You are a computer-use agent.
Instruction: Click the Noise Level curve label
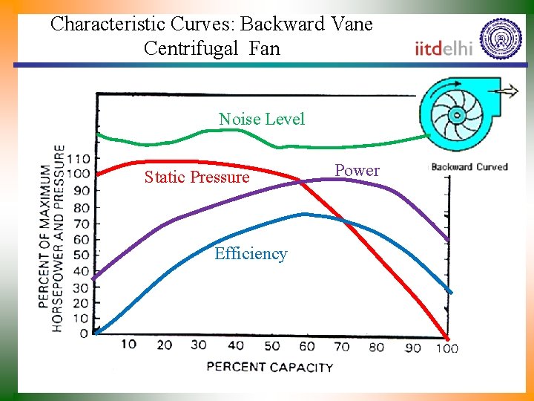point(261,120)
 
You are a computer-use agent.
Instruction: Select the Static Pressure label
point(197,177)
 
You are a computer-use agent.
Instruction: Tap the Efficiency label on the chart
point(251,254)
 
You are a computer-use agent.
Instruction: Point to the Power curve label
point(357,171)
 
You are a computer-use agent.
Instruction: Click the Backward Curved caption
point(469,166)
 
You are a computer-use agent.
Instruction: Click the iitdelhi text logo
point(444,49)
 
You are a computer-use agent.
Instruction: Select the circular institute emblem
point(501,39)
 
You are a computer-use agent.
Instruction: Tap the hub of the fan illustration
point(455,115)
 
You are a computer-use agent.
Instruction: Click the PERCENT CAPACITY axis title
point(269,366)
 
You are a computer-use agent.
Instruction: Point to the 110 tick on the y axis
point(78,158)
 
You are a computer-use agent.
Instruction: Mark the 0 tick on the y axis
point(84,334)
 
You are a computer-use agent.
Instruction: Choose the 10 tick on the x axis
point(128,345)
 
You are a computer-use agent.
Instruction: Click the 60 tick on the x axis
point(306,346)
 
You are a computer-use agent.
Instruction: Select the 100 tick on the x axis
point(446,348)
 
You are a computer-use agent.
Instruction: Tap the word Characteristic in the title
point(108,24)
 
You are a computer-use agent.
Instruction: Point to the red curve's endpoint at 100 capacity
point(446,336)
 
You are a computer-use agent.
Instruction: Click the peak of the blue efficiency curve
point(306,215)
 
